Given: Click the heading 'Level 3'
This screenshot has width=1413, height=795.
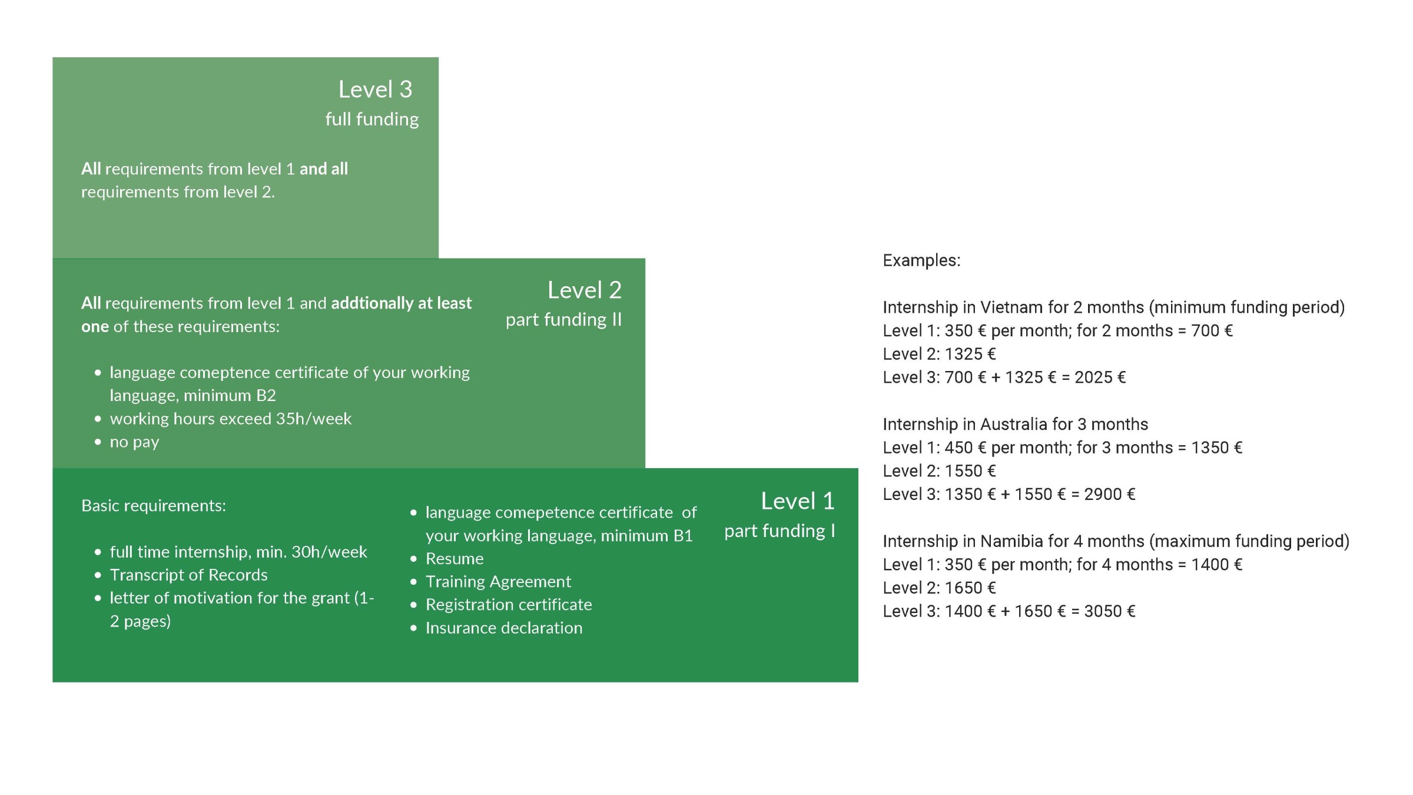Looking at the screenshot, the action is pos(375,90).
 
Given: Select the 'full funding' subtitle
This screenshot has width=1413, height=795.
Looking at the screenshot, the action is pos(372,120).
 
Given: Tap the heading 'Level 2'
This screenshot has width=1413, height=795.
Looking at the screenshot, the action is pos(585,290).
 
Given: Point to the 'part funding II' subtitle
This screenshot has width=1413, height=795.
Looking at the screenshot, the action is pos(563,320).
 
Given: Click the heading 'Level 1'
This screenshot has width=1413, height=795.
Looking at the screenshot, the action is pos(798,501).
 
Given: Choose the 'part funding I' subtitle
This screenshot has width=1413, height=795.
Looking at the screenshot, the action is pos(780,531).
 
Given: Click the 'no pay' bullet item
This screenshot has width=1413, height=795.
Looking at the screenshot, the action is pos(134,442).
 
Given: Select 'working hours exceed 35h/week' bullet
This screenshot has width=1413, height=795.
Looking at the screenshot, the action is pos(230,419).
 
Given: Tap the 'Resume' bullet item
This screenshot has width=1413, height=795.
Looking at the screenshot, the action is pos(455,558).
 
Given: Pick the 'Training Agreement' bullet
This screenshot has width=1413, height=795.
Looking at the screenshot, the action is pos(498,582).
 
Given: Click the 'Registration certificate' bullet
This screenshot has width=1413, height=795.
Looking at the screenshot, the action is pos(509,605).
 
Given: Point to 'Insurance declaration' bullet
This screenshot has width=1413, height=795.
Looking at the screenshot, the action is pos(504,628).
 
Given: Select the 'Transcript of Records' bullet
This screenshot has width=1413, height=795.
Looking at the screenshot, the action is pos(188,575).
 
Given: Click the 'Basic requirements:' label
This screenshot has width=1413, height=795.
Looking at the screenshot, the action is pos(154,506).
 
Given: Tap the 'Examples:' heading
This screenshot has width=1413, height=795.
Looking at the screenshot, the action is pos(921,260).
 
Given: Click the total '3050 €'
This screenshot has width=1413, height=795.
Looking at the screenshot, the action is pos(1110,611).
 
